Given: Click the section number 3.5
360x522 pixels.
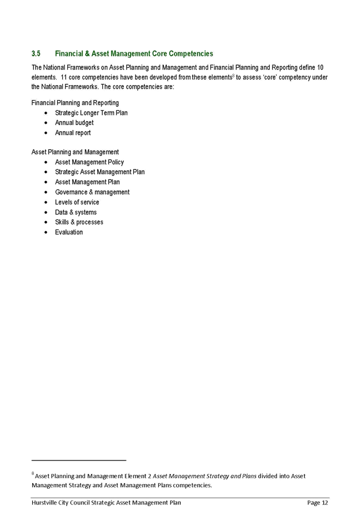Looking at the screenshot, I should pos(36,54).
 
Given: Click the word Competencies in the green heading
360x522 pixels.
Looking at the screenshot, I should pos(190,54).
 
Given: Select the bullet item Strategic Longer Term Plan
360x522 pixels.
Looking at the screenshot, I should pos(92,113).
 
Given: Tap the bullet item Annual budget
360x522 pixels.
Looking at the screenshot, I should pos(74,123).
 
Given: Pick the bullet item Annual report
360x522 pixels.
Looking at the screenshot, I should pos(73,133).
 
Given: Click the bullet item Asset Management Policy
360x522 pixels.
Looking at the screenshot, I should pos(89,162).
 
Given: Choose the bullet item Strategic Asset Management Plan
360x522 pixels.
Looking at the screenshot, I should pos(100,172).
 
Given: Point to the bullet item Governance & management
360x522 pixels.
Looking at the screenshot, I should pos(92,192).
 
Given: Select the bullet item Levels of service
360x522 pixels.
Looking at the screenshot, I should pos(77,202).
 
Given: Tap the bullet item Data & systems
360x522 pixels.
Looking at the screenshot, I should pos(76,212).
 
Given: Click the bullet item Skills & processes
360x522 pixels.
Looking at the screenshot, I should pos(79,222).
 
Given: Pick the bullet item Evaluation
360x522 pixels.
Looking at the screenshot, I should pos(69,232).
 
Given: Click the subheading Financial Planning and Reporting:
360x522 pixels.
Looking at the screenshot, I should pos(75,103).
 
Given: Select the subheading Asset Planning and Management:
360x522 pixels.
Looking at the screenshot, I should pos(75,152).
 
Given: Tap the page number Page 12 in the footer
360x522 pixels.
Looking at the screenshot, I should pos(317,502).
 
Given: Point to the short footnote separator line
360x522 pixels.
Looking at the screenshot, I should pos(79,460).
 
